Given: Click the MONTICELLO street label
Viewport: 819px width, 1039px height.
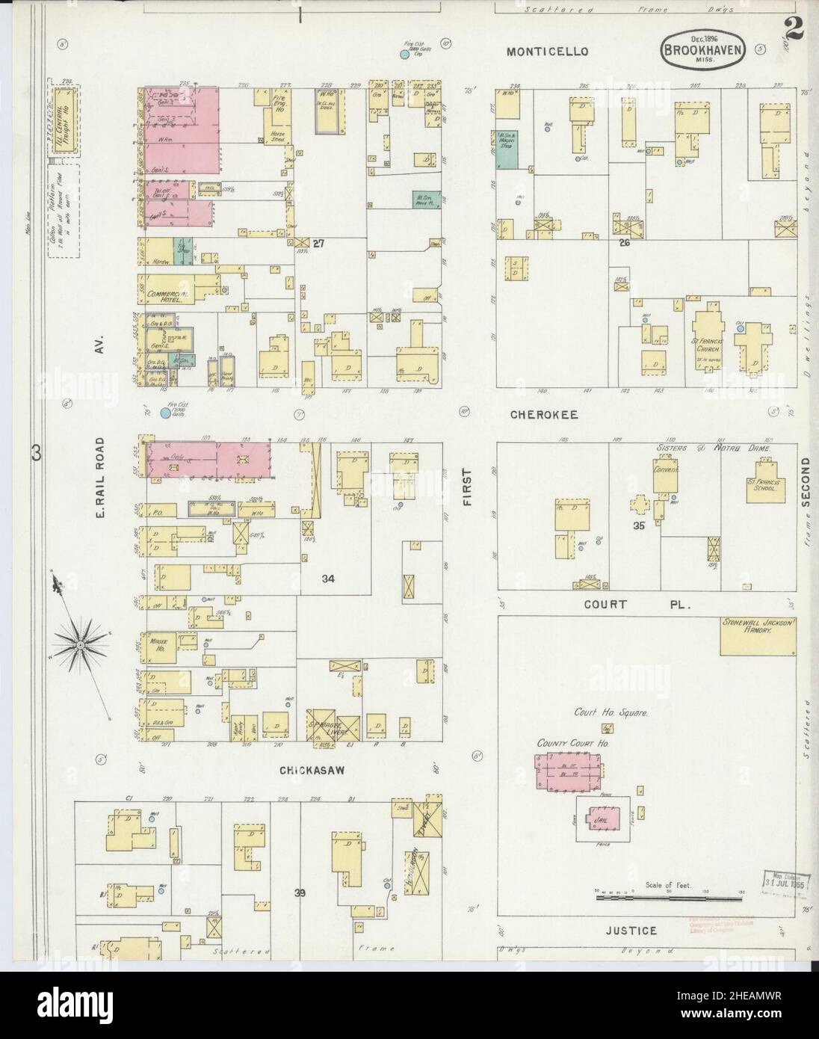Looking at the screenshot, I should [547, 52].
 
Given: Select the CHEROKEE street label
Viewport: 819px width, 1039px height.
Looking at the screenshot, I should [544, 413].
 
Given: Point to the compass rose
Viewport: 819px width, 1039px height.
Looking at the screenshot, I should [79, 644].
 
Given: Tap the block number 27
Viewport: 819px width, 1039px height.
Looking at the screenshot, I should [321, 244].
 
